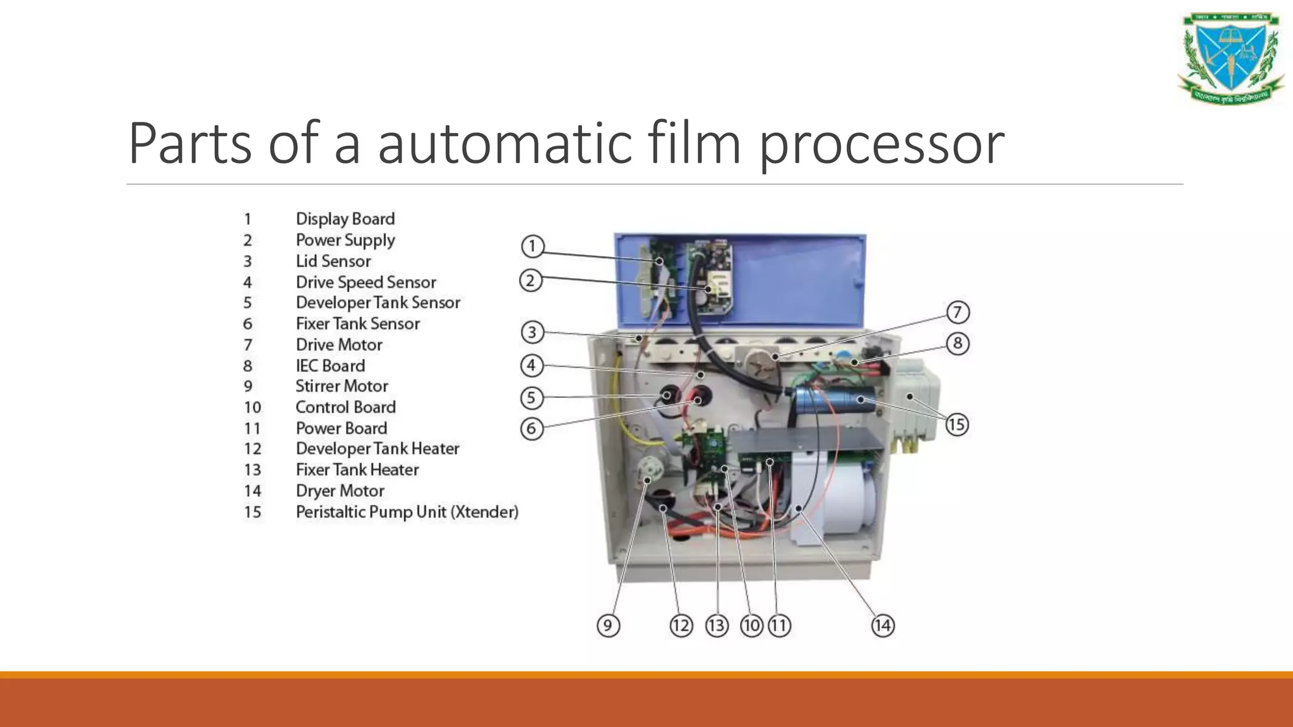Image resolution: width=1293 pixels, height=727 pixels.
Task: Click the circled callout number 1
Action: pyautogui.click(x=532, y=246)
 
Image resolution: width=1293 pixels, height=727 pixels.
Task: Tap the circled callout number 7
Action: pyautogui.click(x=957, y=312)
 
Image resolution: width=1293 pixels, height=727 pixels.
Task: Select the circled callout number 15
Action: pyautogui.click(x=956, y=424)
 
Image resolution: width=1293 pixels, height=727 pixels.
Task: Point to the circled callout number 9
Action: pyautogui.click(x=608, y=625)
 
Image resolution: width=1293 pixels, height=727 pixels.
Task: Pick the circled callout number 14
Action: pyautogui.click(x=883, y=625)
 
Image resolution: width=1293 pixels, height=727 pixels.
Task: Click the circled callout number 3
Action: pyautogui.click(x=532, y=332)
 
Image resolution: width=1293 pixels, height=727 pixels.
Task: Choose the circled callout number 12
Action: pyautogui.click(x=681, y=625)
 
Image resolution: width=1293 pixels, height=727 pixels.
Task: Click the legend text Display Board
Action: pyautogui.click(x=345, y=219)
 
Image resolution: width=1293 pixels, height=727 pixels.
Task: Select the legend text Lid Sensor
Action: pyautogui.click(x=333, y=261)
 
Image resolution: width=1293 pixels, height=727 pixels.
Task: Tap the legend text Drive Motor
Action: pyautogui.click(x=339, y=345)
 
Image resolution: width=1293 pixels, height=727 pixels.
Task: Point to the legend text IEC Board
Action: pyautogui.click(x=330, y=366)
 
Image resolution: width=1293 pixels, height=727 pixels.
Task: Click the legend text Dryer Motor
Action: pyautogui.click(x=340, y=491)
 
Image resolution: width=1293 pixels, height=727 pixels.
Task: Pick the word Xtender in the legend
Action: pyautogui.click(x=484, y=512)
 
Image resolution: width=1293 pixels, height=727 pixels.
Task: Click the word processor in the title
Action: pyautogui.click(x=881, y=144)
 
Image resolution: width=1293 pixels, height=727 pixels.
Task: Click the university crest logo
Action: pyautogui.click(x=1231, y=58)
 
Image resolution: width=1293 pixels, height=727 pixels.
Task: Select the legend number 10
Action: pyautogui.click(x=253, y=408)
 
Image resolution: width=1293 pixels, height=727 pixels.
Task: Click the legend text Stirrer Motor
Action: pyautogui.click(x=342, y=386)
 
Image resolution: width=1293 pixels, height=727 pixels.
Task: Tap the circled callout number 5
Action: pyautogui.click(x=532, y=398)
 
